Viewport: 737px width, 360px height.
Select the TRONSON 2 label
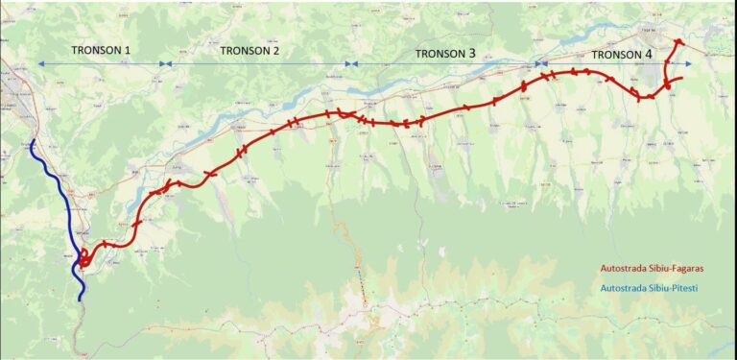250,50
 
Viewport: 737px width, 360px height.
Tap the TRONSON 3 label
445,54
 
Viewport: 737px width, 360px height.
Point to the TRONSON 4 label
622,55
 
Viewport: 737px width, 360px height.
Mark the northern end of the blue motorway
33,143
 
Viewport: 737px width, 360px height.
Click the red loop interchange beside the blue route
85,258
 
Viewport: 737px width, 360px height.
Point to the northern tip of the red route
679,41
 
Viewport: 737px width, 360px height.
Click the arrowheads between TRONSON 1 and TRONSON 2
166,64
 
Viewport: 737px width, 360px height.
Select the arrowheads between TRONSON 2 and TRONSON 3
353,64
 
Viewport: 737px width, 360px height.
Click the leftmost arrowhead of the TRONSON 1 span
40,64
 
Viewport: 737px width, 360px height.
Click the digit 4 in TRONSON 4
649,55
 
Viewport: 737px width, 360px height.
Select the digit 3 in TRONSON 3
472,54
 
